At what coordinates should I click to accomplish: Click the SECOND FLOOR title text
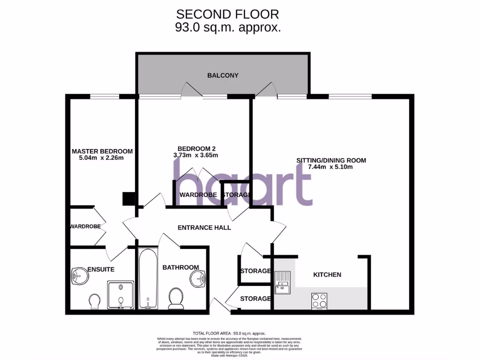click(228, 14)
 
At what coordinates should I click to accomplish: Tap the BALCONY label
click(223, 75)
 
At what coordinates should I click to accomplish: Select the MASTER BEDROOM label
click(102, 151)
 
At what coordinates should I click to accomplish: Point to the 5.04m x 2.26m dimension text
click(102, 158)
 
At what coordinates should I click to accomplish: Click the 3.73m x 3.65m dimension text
click(195, 155)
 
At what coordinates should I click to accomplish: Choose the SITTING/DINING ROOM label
click(331, 160)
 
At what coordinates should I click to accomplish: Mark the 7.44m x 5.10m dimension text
click(331, 167)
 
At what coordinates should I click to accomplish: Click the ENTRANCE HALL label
click(204, 227)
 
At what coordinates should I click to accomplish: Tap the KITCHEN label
click(327, 274)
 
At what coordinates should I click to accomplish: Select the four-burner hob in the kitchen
click(320, 300)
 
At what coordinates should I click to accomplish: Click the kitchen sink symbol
click(283, 284)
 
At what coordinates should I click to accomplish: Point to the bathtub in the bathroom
click(148, 279)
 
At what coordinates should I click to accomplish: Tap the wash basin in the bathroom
click(198, 279)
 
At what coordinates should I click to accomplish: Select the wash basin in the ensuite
click(79, 277)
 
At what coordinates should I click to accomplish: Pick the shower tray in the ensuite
click(121, 295)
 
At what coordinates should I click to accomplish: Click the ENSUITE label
click(101, 269)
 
